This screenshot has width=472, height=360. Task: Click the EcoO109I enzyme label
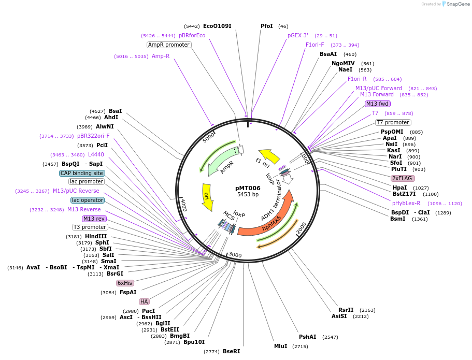(217, 26)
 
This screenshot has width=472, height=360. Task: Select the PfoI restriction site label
(267, 26)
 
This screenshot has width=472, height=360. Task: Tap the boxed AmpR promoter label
(169, 45)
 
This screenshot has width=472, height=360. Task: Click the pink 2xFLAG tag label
(403, 178)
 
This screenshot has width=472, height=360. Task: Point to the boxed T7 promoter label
(393, 123)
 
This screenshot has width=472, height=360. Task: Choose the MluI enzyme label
(280, 346)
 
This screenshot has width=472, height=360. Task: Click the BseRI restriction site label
(232, 351)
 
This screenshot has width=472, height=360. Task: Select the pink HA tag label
(144, 301)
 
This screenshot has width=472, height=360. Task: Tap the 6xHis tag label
(125, 283)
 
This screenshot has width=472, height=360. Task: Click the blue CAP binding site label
(82, 173)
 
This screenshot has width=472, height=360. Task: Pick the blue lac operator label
(88, 200)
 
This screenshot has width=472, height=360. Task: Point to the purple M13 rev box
(94, 219)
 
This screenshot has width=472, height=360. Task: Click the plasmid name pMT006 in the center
(248, 188)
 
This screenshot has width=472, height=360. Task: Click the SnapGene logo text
(457, 4)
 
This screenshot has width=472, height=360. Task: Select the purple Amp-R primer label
(160, 56)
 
